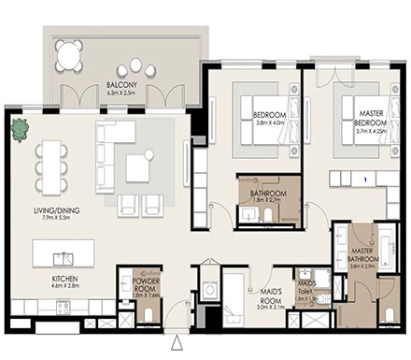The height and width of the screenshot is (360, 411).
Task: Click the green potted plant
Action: [18, 130]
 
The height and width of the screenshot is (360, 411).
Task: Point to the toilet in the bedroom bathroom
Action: [267, 218]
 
